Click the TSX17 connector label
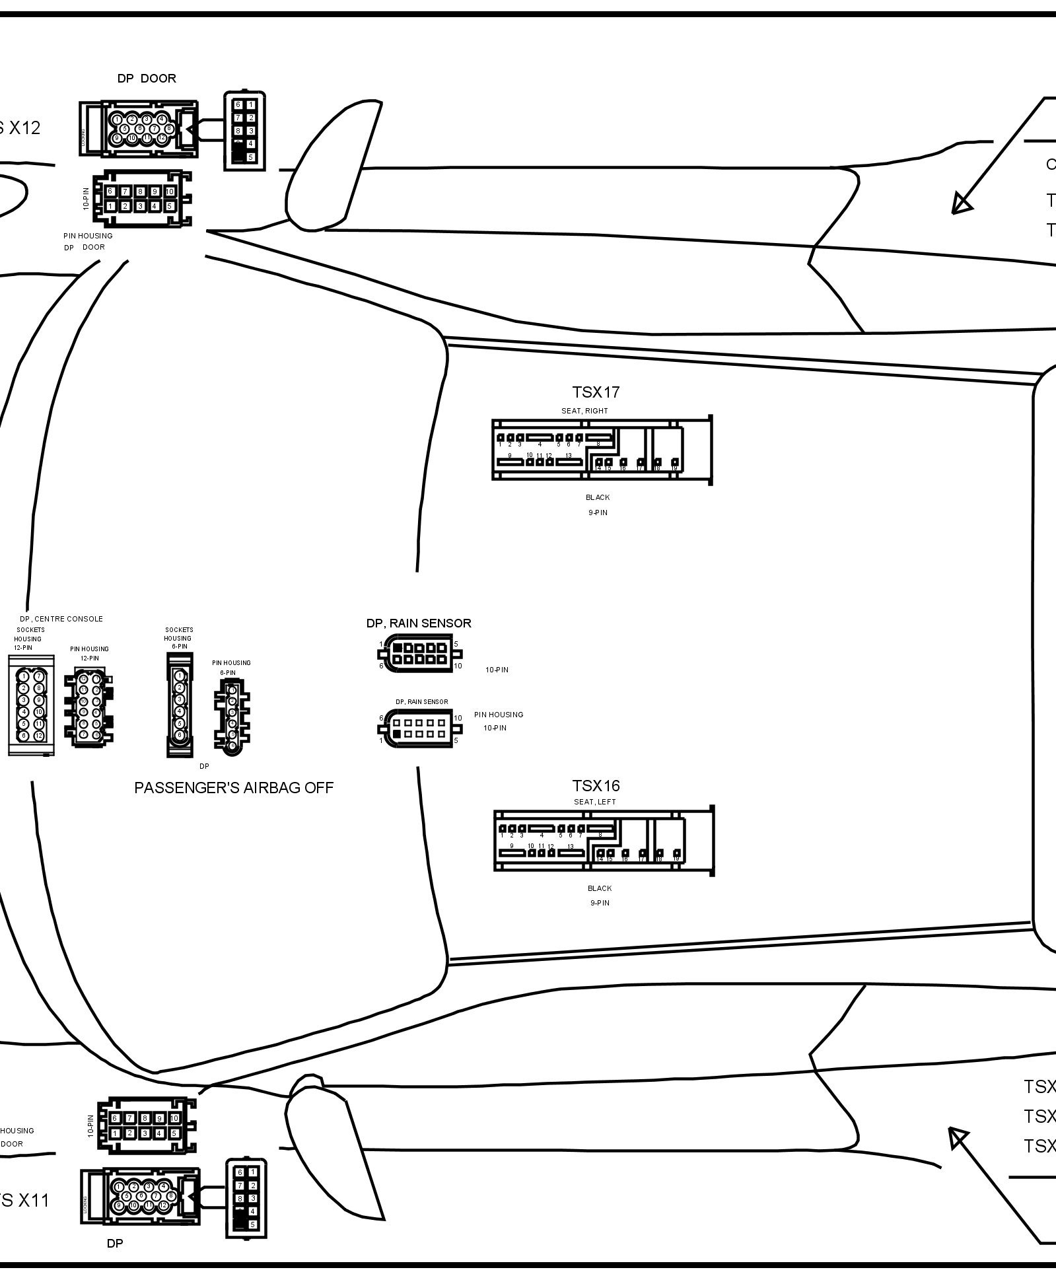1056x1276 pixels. [x=596, y=392]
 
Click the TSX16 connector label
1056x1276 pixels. [x=596, y=786]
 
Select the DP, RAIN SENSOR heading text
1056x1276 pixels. [x=419, y=623]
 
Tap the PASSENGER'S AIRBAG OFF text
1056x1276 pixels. [x=234, y=788]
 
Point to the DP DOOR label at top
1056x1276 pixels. [x=147, y=79]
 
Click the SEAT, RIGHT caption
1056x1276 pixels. [x=584, y=411]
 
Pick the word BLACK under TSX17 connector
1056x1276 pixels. [x=598, y=497]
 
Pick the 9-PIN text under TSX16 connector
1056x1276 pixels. [x=600, y=903]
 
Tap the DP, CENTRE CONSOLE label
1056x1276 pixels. [x=61, y=619]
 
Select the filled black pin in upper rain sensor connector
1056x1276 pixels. [x=398, y=648]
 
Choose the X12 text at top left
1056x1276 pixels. [x=24, y=128]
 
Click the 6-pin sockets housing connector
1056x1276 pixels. [x=179, y=704]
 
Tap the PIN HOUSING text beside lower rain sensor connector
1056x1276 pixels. [x=499, y=715]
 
